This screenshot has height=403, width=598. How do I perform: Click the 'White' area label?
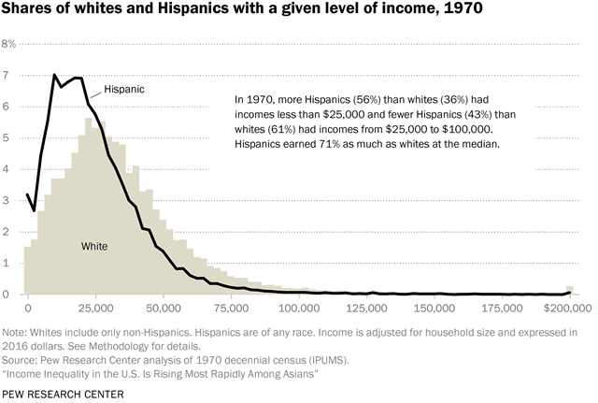93,247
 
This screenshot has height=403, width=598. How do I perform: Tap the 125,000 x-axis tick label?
363,307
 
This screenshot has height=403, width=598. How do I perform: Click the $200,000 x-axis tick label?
565,307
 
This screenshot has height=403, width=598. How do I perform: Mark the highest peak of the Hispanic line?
54,75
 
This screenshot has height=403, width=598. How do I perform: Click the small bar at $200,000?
570,290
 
